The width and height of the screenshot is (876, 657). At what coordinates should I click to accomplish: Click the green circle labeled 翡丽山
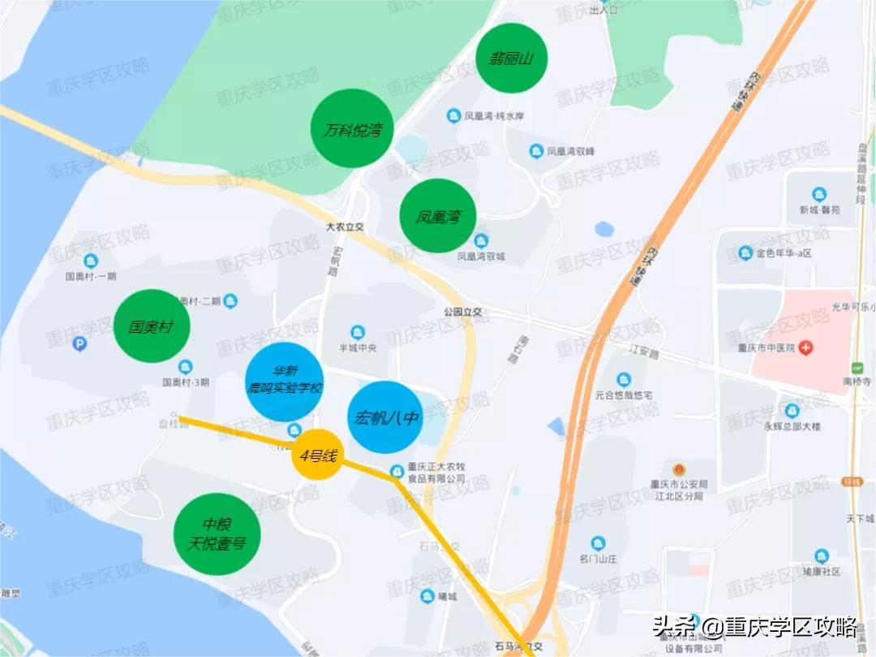point(511,58)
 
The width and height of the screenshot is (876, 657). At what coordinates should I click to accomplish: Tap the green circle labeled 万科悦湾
point(352,128)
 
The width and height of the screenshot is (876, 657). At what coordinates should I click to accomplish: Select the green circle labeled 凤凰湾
point(437,215)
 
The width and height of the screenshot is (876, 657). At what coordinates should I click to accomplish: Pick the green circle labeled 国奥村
point(152,326)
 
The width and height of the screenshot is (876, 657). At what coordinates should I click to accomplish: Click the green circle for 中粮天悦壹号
point(217,534)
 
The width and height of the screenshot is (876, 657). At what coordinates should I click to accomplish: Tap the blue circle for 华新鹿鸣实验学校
point(285,382)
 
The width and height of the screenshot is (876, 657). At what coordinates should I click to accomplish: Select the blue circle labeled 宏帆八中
point(385,417)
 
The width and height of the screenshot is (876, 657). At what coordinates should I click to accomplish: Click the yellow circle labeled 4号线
point(317,455)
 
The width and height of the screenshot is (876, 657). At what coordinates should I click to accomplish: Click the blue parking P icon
point(79,344)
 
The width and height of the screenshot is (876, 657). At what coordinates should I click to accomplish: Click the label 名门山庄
point(598,559)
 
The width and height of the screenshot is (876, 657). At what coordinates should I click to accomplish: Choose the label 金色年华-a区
point(784,253)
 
